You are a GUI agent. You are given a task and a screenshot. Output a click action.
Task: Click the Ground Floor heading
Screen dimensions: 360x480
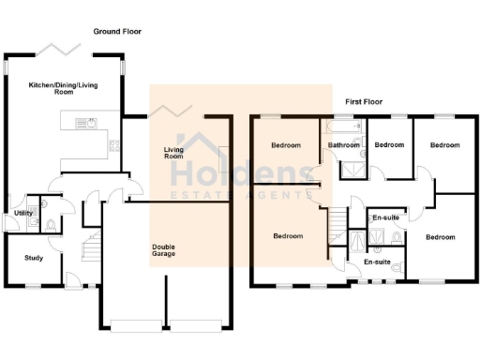point(118,32)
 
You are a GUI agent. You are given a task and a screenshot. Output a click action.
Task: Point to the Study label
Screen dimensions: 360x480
point(34,257)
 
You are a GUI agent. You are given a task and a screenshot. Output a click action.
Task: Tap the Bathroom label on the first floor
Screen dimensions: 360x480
point(344,145)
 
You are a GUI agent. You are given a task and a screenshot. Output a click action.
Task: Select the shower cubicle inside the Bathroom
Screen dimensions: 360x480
point(351,168)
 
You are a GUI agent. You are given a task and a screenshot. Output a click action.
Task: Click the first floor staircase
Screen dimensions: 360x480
point(337,225)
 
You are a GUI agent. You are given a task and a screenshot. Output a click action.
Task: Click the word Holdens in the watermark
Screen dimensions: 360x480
point(240,174)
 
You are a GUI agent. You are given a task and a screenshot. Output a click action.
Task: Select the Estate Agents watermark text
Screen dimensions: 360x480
point(240,196)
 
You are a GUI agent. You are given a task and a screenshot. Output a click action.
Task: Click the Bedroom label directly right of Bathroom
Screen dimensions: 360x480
point(388,145)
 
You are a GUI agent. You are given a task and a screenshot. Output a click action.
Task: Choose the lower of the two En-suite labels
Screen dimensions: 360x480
point(377,262)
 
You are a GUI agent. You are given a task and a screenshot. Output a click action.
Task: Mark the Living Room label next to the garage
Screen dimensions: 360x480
point(173,153)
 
